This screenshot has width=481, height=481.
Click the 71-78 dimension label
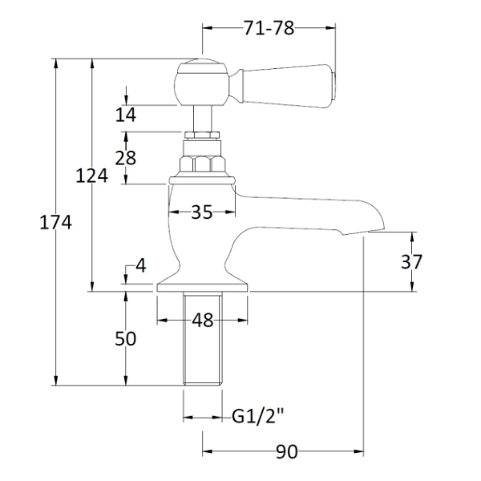coord(269,28)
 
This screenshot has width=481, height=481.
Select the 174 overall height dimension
coord(55,222)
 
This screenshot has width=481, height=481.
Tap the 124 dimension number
coord(91,176)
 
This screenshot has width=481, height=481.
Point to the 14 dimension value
coord(126,115)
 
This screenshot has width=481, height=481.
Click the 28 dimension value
coord(126,158)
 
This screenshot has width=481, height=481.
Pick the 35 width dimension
coord(202,212)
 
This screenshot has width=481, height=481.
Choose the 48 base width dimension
coord(203,320)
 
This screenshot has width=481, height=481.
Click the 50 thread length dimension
coord(126,338)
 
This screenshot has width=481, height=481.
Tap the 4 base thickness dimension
coord(141,265)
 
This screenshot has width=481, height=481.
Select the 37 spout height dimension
coord(412,261)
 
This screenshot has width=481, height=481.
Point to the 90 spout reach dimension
coord(286,451)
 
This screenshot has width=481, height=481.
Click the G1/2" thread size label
coord(257,417)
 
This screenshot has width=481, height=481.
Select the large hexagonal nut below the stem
coord(203,164)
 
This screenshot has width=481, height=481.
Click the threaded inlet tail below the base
coord(203,338)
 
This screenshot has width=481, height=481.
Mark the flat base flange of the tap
coord(203,287)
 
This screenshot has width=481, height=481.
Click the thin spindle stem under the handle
coord(203,119)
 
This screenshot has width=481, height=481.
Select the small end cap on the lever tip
coord(334,87)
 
